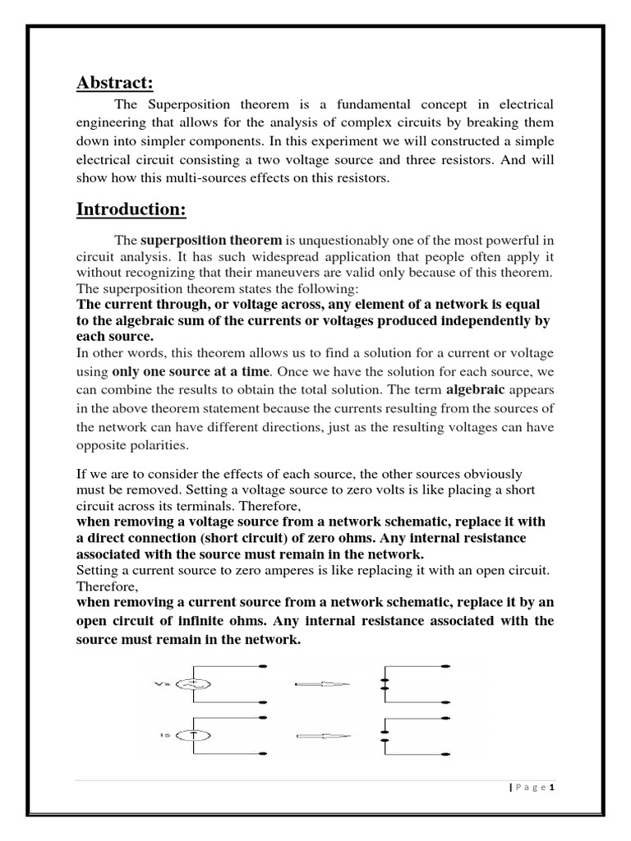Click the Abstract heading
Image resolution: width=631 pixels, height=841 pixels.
(115, 83)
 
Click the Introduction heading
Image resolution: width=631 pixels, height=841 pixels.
(131, 209)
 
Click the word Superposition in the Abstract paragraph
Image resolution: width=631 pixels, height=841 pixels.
(181, 104)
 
